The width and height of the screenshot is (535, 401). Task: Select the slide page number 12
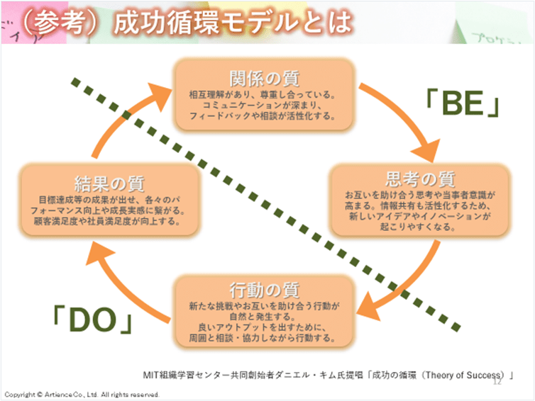click(x=497, y=382)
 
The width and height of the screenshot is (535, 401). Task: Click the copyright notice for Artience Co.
click(x=82, y=395)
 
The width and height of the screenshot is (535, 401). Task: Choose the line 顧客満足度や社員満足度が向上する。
click(x=109, y=221)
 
